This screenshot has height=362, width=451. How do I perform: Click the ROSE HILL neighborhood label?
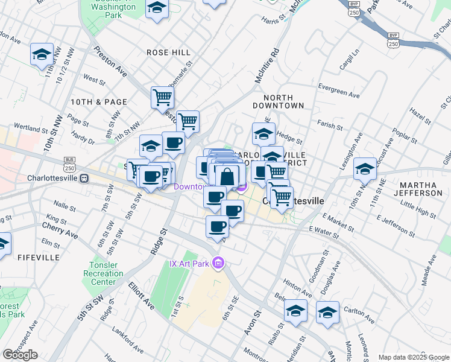(168, 52)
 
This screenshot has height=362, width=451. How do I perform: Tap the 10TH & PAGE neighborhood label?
(99, 102)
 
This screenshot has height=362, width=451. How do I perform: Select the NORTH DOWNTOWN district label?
(283, 101)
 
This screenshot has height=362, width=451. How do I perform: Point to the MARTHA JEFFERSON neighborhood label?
(417, 188)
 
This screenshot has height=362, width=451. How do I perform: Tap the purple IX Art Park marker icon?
(218, 264)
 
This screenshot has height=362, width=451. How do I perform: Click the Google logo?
(20, 355)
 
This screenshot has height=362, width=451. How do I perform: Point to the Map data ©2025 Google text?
(413, 357)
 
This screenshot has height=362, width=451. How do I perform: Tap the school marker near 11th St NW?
(42, 54)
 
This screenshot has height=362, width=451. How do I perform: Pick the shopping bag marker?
(227, 177)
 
